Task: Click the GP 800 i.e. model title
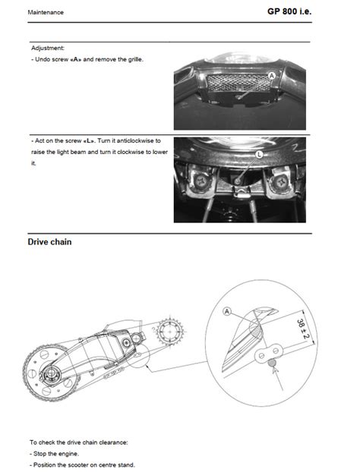(289, 11)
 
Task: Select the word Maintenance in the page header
(46, 12)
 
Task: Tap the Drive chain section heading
(49, 242)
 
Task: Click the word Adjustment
(48, 48)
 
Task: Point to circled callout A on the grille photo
(272, 76)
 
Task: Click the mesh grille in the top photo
(239, 83)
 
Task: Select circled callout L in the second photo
(259, 155)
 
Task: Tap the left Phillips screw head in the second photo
(200, 182)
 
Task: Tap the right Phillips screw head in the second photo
(281, 182)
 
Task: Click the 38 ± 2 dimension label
(303, 329)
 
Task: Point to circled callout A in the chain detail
(227, 311)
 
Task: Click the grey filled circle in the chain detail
(272, 363)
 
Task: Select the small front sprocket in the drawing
(170, 331)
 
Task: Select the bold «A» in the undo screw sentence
(76, 59)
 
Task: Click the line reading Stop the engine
(54, 454)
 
